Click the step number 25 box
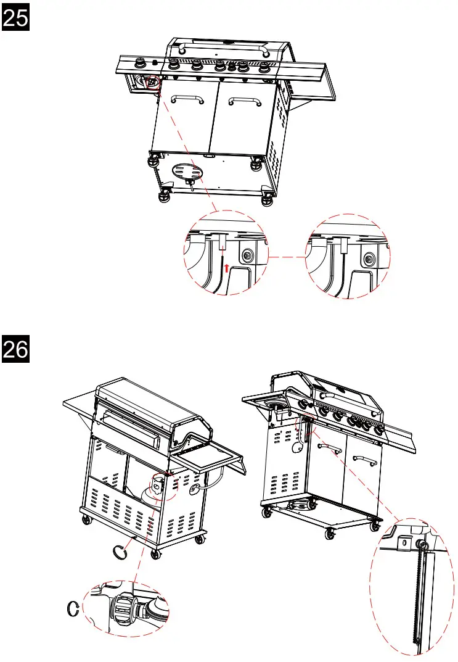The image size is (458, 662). (16, 19)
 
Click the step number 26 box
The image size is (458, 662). (16, 349)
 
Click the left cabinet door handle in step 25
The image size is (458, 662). (185, 99)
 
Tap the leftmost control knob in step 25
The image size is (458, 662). (141, 63)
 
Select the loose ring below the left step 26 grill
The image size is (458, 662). (120, 550)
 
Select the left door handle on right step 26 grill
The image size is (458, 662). (328, 448)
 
